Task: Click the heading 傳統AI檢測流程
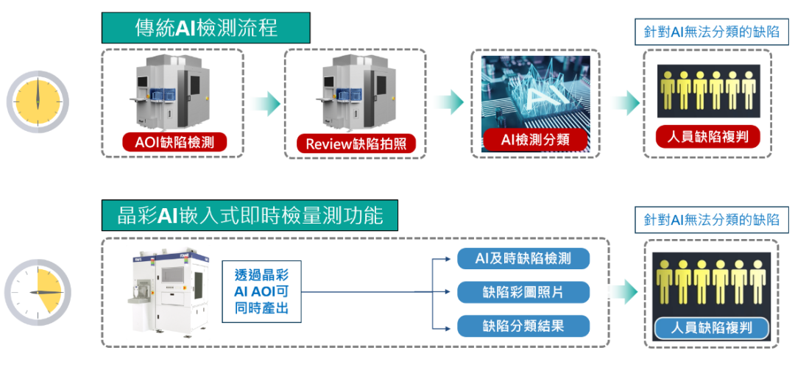pos(205,29)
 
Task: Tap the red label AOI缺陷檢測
pos(173,141)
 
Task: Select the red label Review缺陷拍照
pos(356,143)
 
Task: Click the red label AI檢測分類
pos(535,140)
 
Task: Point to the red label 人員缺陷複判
pos(707,137)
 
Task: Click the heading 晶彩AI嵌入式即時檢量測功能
pos(250,216)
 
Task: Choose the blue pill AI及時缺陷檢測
pos(524,258)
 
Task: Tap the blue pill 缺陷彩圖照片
pos(524,292)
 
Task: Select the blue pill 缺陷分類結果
pos(524,326)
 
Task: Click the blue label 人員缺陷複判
pos(710,328)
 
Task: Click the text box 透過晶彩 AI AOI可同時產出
pos(262,291)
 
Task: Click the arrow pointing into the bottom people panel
pos(626,292)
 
